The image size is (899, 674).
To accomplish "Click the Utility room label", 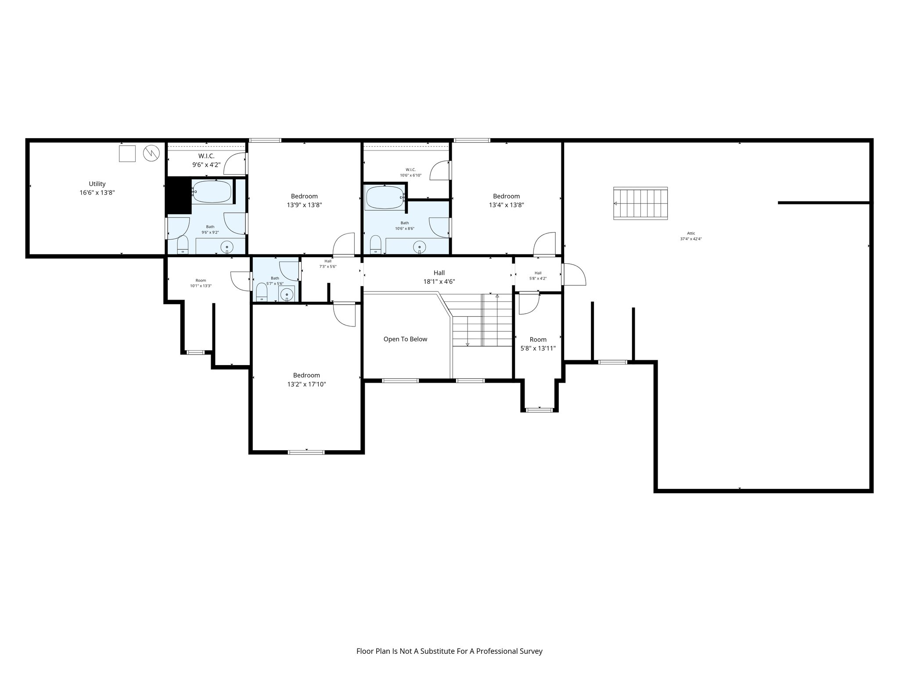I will [97, 184].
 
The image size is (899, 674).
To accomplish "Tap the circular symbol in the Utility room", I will [151, 153].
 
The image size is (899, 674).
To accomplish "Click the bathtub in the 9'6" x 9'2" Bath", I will [212, 192].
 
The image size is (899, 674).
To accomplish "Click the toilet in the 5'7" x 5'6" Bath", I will [262, 292].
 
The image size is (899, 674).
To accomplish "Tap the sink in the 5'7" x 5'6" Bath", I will [287, 294].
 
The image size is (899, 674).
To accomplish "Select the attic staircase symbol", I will [640, 204].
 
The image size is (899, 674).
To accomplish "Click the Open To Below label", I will [405, 339].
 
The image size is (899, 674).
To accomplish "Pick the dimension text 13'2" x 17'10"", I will [306, 384].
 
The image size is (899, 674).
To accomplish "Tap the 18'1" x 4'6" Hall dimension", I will [439, 282].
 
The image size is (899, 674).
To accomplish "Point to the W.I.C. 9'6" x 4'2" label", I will [206, 161].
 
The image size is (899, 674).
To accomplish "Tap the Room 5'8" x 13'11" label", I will [538, 344].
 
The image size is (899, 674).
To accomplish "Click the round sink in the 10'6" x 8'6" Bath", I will [420, 247].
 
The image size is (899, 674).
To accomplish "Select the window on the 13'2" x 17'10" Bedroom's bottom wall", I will [306, 452].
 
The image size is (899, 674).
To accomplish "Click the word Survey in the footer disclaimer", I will [531, 651].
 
